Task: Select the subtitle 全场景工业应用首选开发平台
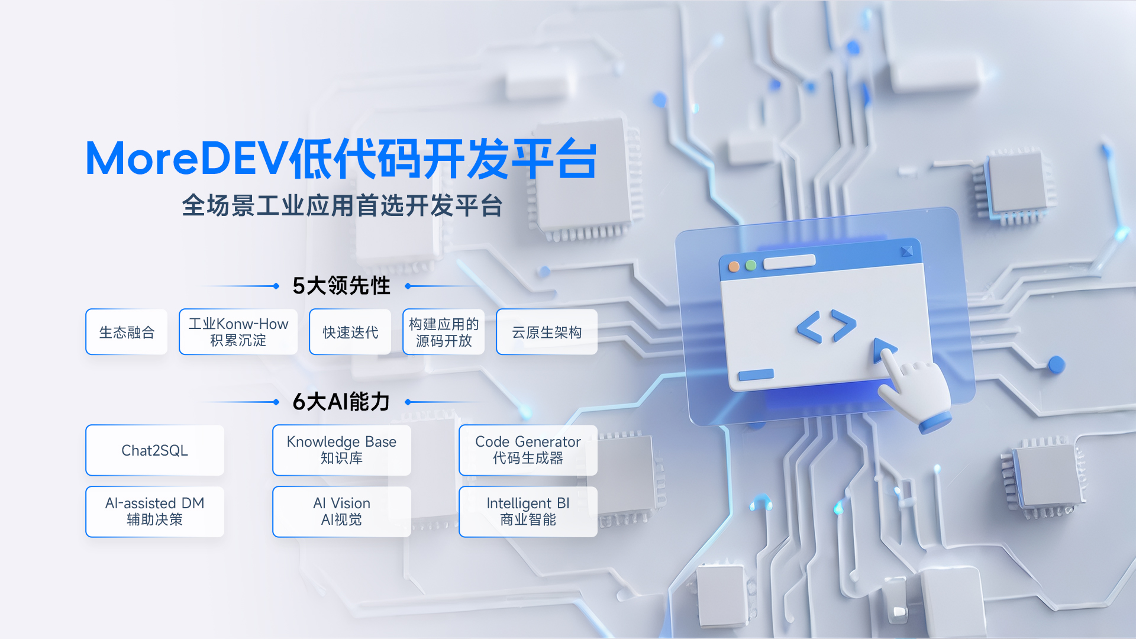pos(342,206)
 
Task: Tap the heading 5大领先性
pos(341,286)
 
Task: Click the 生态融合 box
pos(127,332)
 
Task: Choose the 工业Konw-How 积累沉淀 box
pos(238,332)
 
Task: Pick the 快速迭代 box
pos(350,332)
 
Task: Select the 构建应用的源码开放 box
pos(444,332)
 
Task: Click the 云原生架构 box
pos(547,332)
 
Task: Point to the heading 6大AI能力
pos(341,402)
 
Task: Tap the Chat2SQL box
pos(154,450)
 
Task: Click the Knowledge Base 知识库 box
pos(341,450)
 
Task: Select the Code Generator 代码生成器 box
pos(528,450)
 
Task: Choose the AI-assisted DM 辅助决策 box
pos(154,512)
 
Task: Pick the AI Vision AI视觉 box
pos(341,512)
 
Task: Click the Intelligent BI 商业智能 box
pos(528,512)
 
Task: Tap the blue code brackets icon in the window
pos(826,326)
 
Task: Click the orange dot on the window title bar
pos(734,266)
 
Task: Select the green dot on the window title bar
pos(751,265)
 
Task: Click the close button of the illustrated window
pos(906,251)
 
